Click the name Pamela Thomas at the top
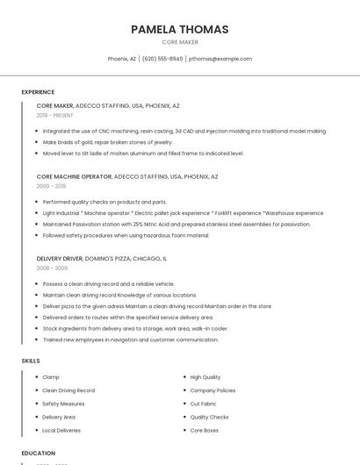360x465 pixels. [x=179, y=29]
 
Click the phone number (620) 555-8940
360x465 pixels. [x=162, y=59]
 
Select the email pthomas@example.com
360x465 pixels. [x=220, y=59]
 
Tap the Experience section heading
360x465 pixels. [x=38, y=92]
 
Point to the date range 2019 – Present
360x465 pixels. [x=55, y=115]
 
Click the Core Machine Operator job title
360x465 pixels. [x=74, y=176]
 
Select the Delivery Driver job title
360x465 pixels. [x=59, y=259]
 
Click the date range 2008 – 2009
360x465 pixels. [x=52, y=268]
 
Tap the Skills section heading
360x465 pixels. [x=31, y=361]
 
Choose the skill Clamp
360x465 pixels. [x=51, y=377]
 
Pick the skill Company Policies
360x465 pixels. [x=212, y=390]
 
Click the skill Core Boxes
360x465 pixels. [x=205, y=431]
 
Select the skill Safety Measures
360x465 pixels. [x=63, y=404]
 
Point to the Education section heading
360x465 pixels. [x=38, y=454]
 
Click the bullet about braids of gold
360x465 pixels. [x=108, y=142]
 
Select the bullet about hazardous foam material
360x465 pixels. [x=126, y=235]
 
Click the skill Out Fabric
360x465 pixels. [x=203, y=404]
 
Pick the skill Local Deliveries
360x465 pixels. [x=61, y=431]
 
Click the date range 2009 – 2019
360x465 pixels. [x=51, y=186]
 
